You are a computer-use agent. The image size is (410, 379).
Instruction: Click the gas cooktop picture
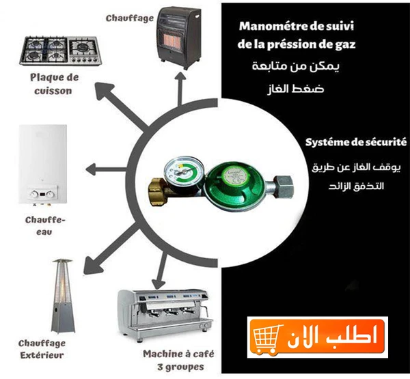coord(60,51)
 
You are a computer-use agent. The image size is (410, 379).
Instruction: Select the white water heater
coord(43,165)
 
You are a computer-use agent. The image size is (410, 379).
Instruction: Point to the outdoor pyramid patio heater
coord(63,296)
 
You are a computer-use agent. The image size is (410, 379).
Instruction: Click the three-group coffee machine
coord(165,315)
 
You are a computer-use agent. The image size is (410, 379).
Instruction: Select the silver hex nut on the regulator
coord(283,187)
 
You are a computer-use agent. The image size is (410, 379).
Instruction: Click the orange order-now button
coord(318,337)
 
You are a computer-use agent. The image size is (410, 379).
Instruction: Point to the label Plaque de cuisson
coord(54,84)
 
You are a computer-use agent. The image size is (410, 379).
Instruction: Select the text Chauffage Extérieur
coord(42,349)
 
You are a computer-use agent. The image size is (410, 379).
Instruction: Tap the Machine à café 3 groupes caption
coord(178,361)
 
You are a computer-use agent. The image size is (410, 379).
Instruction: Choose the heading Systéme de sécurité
coord(356,142)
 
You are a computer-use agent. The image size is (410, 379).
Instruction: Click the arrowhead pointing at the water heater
coord(92,170)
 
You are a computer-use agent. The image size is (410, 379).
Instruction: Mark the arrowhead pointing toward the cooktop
coord(102,90)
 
